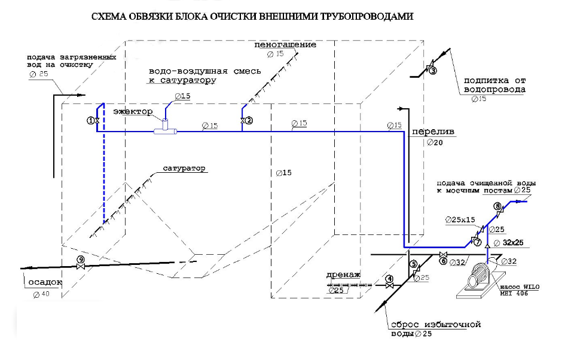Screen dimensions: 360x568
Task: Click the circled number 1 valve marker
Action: point(91,120)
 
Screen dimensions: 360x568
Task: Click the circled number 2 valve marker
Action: point(249,120)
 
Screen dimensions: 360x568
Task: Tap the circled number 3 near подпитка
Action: point(433,70)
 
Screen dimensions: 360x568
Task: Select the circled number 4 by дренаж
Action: point(389,279)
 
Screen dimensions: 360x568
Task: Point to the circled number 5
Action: point(413,264)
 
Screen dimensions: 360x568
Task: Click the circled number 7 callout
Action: point(477,242)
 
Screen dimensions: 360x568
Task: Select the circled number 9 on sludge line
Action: point(81,260)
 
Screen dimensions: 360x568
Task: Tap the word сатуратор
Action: point(184,168)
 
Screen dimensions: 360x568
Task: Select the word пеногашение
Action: point(285,45)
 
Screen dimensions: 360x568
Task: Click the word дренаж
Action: point(343,275)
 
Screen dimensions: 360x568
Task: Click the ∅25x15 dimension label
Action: point(460,219)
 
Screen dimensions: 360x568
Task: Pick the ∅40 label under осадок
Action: point(42,294)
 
